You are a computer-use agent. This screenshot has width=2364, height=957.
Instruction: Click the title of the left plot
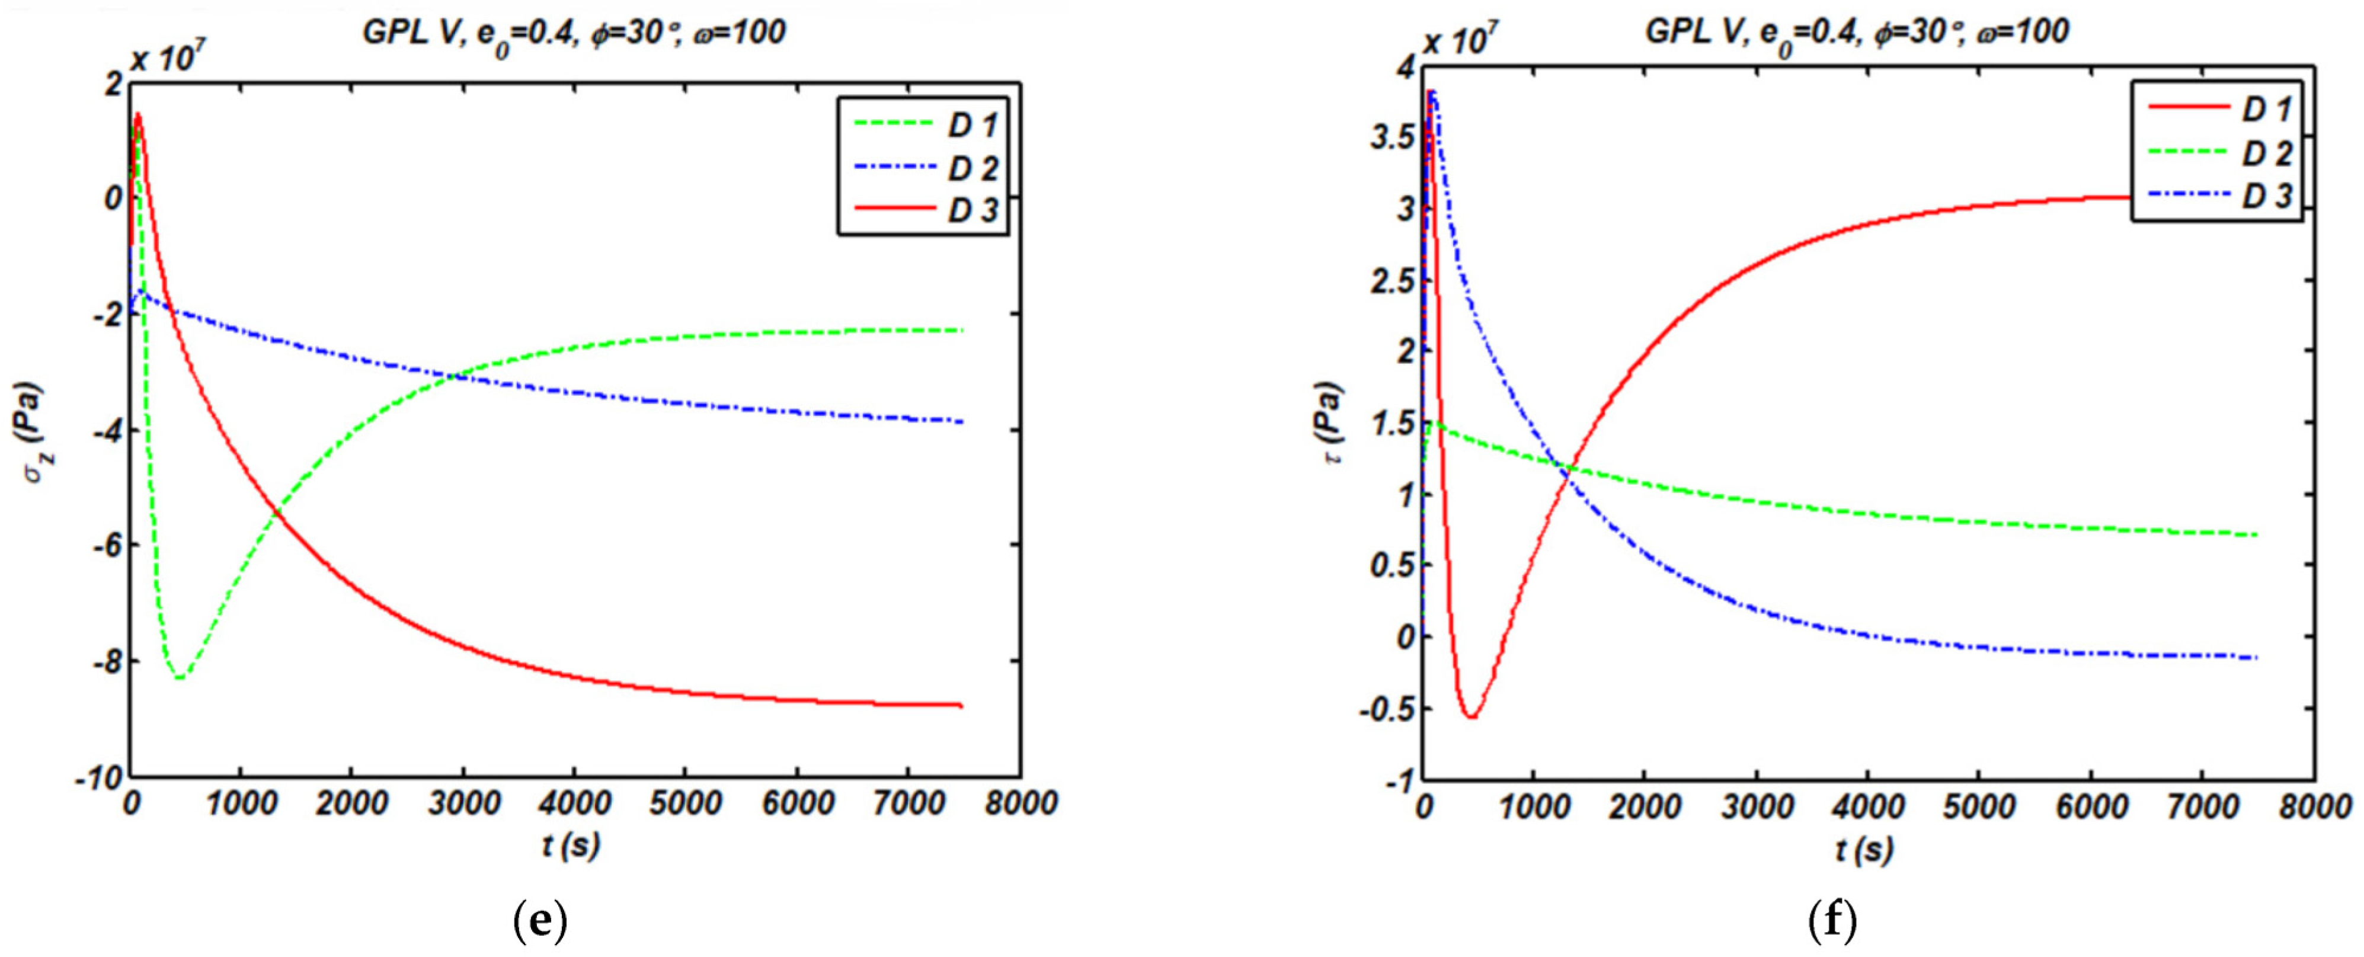574,33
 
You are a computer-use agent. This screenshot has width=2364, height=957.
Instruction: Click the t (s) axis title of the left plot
570,845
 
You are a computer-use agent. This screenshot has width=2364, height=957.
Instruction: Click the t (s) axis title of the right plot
1864,849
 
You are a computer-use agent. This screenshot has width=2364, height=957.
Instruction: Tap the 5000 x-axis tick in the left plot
684,804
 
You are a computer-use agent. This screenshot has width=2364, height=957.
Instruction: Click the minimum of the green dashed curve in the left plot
180,677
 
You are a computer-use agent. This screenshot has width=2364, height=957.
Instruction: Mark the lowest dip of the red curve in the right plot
1471,716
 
